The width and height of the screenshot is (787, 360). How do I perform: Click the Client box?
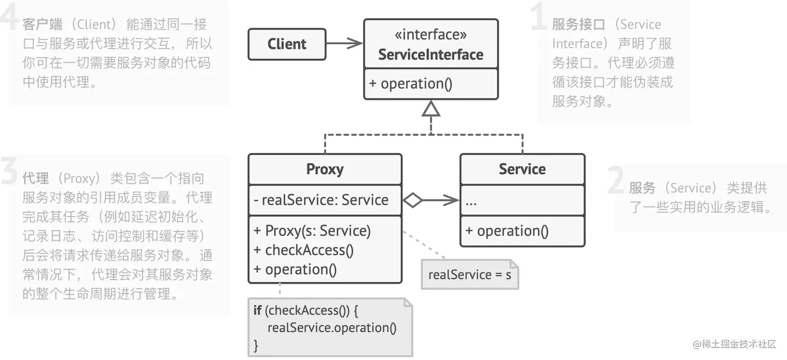click(287, 44)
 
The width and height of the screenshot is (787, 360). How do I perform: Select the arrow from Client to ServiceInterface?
click(344, 44)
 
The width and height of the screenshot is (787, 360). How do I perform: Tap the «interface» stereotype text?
click(430, 35)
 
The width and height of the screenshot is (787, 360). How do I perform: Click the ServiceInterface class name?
click(430, 55)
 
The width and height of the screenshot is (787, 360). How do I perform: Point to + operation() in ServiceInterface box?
click(411, 84)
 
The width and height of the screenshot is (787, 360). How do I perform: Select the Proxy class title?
click(325, 169)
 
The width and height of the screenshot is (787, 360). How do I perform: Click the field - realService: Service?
click(321, 200)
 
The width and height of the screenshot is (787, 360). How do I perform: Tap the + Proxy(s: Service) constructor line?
click(312, 230)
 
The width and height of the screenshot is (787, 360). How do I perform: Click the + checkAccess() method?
click(304, 250)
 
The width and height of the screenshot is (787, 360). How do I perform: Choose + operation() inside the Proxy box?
click(295, 269)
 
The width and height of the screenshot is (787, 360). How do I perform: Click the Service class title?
click(522, 169)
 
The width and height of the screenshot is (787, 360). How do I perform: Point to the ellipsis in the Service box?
click(471, 201)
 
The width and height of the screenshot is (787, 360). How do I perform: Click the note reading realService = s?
click(469, 275)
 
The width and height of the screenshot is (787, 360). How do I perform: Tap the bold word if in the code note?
click(257, 311)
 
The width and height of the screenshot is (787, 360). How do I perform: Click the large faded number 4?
click(9, 18)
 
